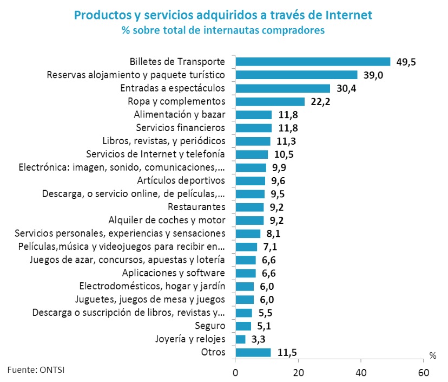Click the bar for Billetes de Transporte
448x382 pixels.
(x=313, y=62)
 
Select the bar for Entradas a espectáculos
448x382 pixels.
(x=282, y=88)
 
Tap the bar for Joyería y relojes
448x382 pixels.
(x=240, y=339)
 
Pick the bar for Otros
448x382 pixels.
(x=253, y=353)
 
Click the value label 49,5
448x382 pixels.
(x=406, y=62)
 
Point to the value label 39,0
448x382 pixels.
(x=373, y=75)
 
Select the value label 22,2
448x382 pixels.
(x=320, y=102)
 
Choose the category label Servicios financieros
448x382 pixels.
(x=180, y=128)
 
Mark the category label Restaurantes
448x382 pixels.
(x=196, y=207)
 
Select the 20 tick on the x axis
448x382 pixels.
(x=298, y=373)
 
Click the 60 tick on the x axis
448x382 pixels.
(x=424, y=373)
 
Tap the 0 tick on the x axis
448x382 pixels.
(x=235, y=373)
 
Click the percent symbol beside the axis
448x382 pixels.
(x=432, y=356)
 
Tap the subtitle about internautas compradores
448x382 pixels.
(x=223, y=30)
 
